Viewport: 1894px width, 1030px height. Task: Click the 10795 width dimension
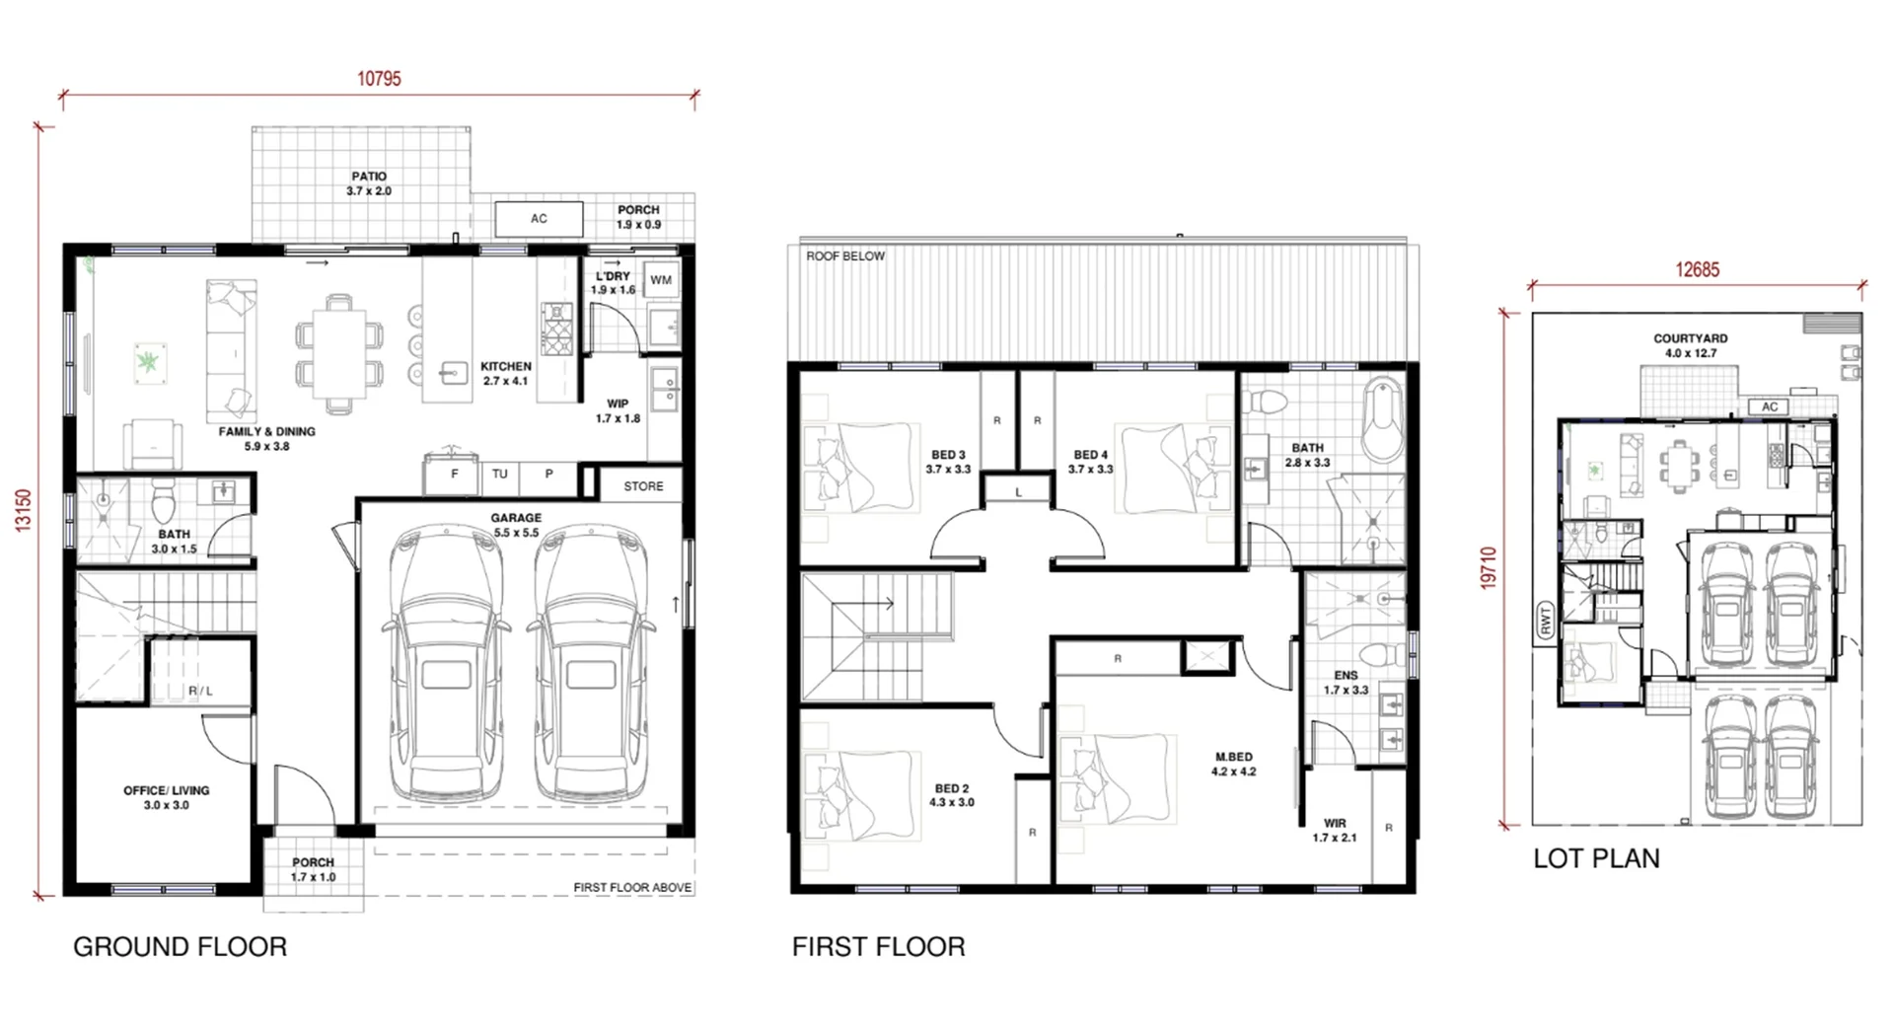pos(379,79)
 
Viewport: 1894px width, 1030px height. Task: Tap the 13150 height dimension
pos(24,511)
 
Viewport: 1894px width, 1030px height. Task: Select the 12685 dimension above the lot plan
pos(1697,269)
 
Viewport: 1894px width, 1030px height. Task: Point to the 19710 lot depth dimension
pos(1489,568)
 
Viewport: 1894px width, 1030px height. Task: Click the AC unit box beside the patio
pos(539,218)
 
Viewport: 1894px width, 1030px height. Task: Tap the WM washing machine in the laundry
pos(661,280)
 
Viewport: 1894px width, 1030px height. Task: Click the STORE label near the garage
pos(643,486)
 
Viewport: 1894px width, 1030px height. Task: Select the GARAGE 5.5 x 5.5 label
pos(516,525)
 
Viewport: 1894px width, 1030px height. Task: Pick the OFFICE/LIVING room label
pos(167,798)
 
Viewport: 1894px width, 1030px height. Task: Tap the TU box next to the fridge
pos(500,476)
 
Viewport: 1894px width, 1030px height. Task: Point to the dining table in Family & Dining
pos(339,352)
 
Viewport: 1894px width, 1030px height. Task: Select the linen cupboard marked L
pos(1018,490)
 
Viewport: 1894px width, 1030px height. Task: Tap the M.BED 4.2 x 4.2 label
pos(1234,765)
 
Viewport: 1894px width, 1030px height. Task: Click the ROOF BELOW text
pos(845,256)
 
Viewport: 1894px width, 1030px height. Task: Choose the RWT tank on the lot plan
pos(1545,622)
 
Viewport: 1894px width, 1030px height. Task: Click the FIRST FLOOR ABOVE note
pos(632,887)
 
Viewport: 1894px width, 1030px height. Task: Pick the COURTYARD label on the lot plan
pos(1691,345)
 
